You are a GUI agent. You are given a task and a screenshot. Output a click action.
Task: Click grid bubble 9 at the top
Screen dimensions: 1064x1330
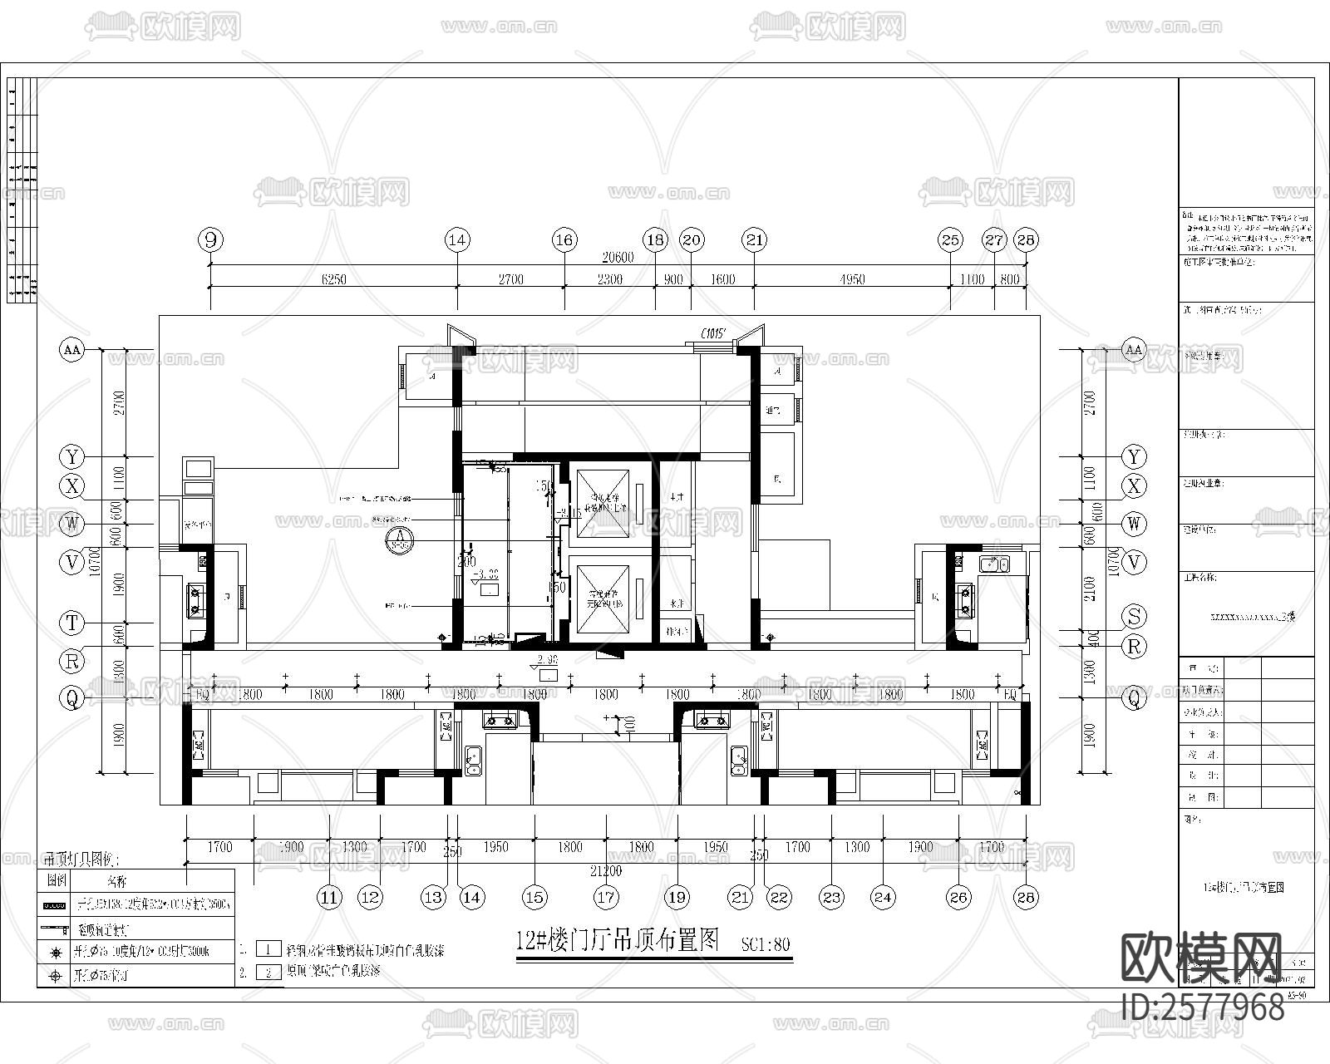point(210,240)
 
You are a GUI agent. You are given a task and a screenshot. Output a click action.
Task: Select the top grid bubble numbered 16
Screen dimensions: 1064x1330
point(564,240)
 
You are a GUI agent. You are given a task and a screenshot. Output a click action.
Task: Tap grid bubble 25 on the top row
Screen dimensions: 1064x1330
point(950,240)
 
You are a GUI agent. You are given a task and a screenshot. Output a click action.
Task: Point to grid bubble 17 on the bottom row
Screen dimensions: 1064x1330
point(606,897)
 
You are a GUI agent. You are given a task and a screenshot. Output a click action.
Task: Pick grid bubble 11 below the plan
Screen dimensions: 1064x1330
point(330,897)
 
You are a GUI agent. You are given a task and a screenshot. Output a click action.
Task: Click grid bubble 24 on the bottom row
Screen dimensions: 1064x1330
point(883,897)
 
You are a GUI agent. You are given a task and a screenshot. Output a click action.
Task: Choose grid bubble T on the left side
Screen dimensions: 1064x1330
point(72,622)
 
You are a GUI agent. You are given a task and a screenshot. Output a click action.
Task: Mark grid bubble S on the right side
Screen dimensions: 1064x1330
point(1134,616)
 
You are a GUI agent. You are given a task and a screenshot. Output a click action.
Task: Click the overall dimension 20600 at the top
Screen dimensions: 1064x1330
point(617,258)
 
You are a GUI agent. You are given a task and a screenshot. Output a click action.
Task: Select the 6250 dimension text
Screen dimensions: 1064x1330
point(333,279)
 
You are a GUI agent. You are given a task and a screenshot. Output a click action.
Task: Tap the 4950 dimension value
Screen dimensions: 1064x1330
point(852,279)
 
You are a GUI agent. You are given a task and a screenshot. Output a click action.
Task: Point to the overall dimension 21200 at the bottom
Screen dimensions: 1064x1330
point(606,871)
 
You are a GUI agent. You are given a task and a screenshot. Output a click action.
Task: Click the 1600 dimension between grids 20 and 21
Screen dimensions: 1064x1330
point(722,279)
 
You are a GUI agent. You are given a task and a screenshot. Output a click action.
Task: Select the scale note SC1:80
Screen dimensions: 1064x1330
point(765,944)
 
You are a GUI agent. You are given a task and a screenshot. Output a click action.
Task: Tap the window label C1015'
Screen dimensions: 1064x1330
point(714,334)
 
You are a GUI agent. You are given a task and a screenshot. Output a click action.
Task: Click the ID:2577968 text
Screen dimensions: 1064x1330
point(1202,1007)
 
